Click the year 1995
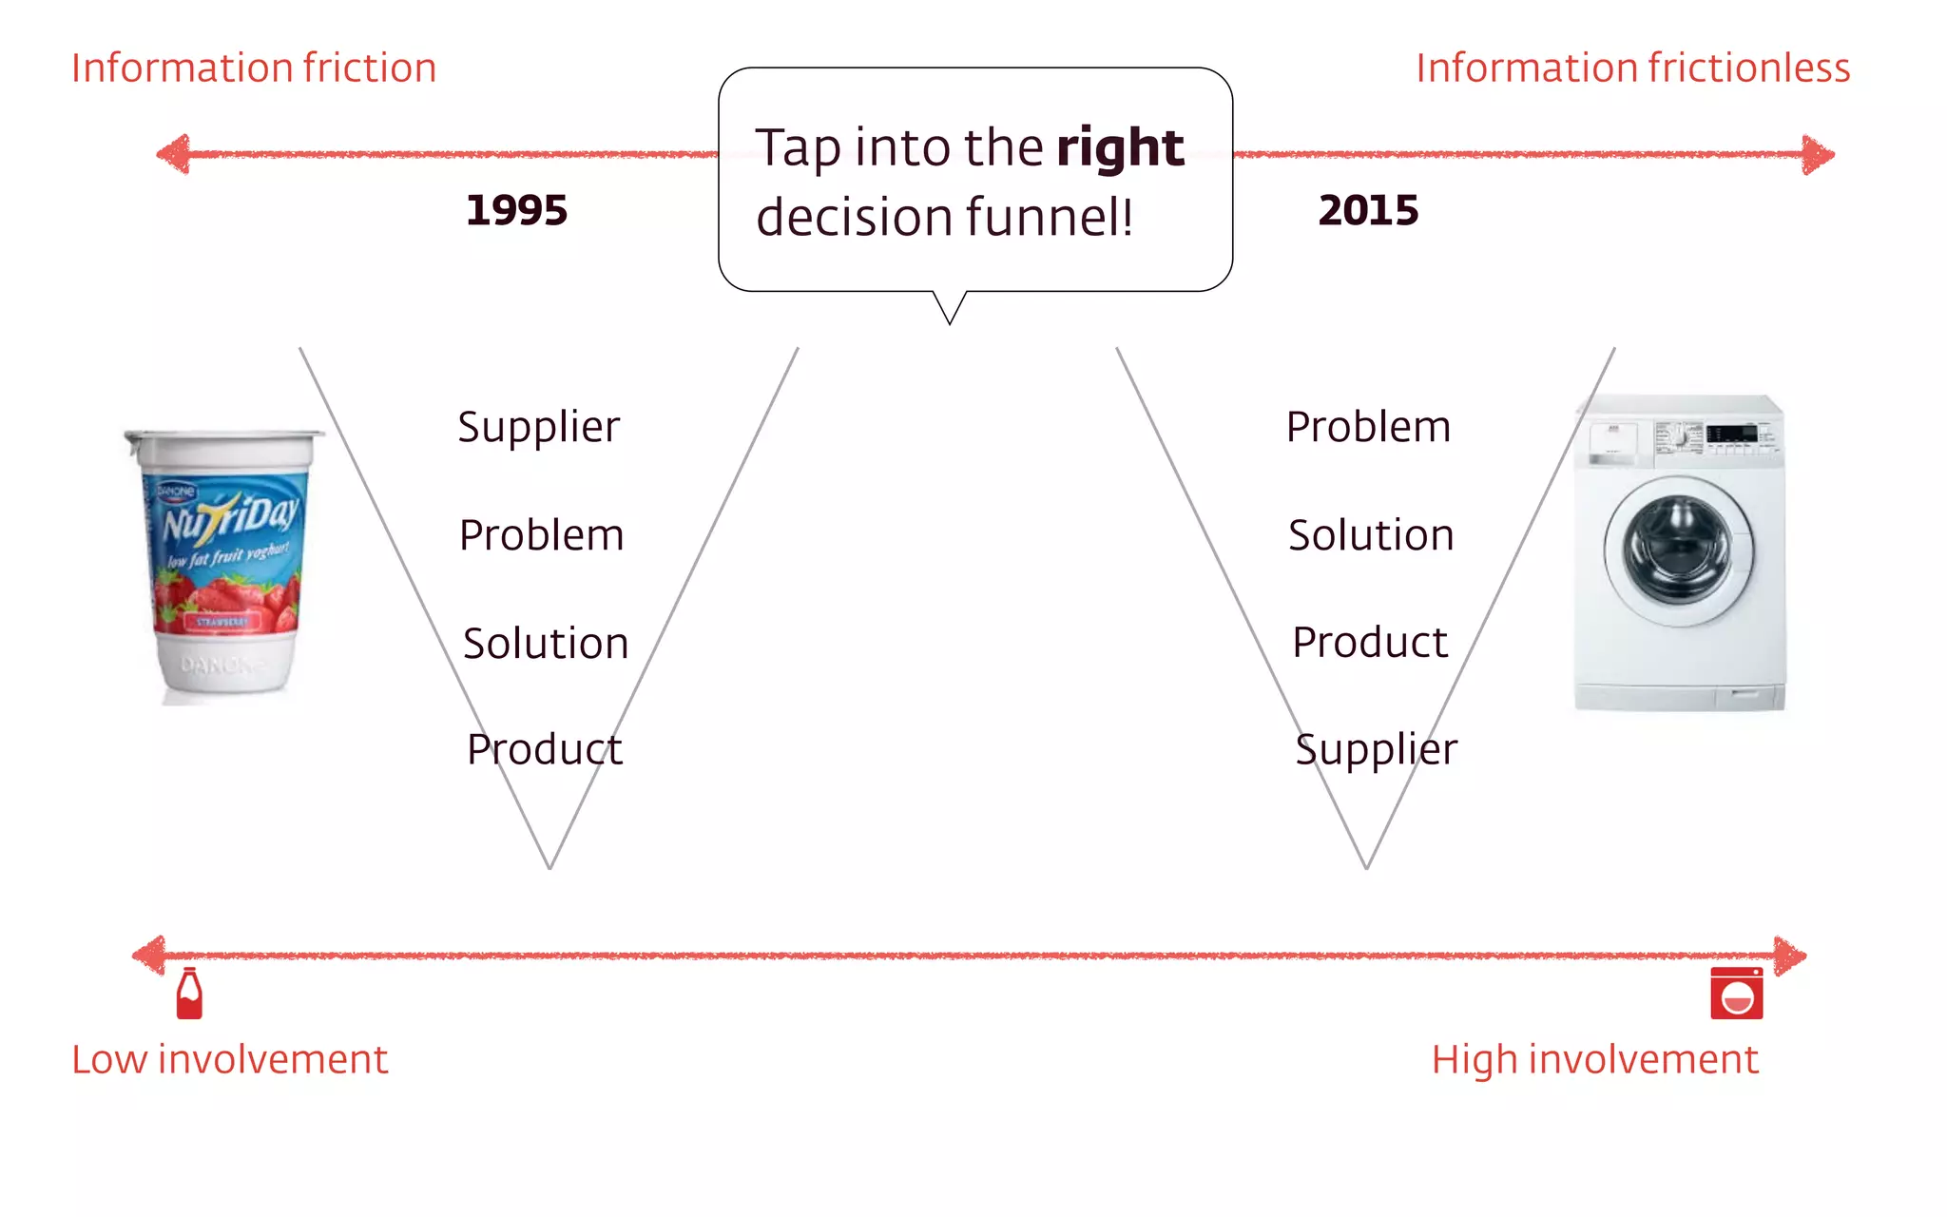click(x=516, y=210)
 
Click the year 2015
click(x=1368, y=210)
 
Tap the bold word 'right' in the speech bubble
click(x=1120, y=148)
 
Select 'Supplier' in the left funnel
click(x=538, y=427)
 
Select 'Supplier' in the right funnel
click(x=1376, y=749)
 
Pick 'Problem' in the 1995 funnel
click(x=541, y=535)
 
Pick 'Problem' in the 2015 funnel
click(x=1368, y=427)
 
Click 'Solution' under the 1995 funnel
click(x=546, y=644)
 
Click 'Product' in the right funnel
click(x=1370, y=643)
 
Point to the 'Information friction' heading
click(x=254, y=68)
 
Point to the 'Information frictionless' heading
click(x=1632, y=68)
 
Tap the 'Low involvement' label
click(x=230, y=1059)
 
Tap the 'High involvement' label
click(x=1594, y=1059)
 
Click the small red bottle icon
click(x=189, y=994)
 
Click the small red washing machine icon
click(x=1736, y=994)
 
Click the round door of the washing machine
click(x=1679, y=551)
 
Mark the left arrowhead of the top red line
click(x=173, y=154)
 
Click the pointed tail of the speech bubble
click(x=950, y=310)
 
